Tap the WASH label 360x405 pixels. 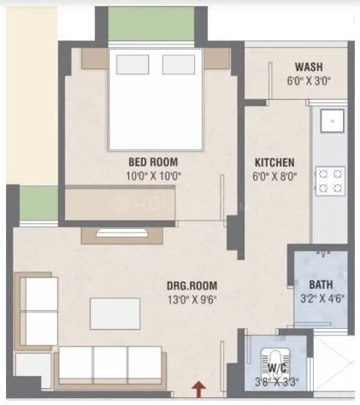point(309,68)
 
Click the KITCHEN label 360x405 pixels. point(274,162)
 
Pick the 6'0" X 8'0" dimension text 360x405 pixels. point(274,177)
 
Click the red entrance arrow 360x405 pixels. point(199,390)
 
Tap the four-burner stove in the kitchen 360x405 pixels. point(329,180)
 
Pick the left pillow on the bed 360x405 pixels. point(133,67)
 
